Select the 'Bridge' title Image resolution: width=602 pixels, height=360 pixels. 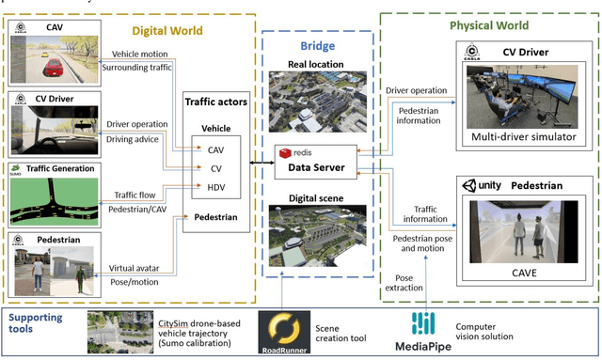coord(319,46)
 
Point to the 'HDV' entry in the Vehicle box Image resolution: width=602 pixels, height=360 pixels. coord(215,188)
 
